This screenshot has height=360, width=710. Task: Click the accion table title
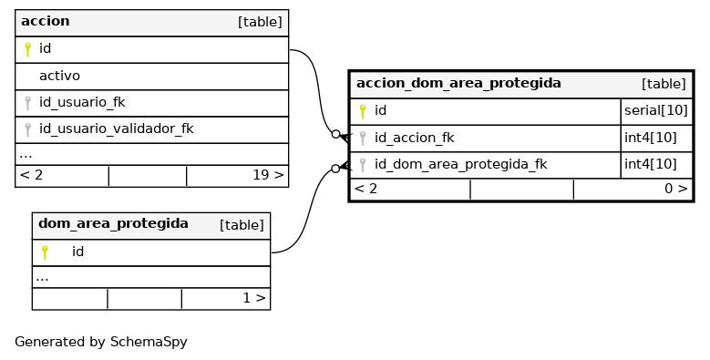point(46,21)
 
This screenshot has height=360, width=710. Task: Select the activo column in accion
point(59,76)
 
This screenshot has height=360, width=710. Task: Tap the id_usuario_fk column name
point(82,102)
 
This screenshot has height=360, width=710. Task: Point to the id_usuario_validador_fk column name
point(117,129)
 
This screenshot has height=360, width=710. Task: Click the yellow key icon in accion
point(27,49)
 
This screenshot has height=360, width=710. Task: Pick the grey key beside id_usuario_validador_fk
point(27,130)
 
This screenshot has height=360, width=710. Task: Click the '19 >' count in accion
point(268,175)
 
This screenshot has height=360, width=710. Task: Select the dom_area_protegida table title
point(113,223)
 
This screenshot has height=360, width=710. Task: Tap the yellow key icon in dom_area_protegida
point(45,252)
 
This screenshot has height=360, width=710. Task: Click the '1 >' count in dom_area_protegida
point(254,298)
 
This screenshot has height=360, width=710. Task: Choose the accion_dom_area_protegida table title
point(458,84)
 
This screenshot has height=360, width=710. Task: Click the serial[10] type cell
point(656,110)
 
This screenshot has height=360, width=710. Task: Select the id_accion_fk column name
point(415,138)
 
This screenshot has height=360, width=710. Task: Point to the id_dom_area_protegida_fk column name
point(461,164)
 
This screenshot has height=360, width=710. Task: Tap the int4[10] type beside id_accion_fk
point(651,138)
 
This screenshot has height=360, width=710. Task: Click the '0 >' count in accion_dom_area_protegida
point(676,189)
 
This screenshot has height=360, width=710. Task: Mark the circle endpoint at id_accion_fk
point(335,134)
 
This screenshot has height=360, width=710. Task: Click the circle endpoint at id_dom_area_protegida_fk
point(335,169)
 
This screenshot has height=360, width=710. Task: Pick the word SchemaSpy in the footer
point(149,343)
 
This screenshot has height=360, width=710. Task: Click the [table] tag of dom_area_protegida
point(242,225)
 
